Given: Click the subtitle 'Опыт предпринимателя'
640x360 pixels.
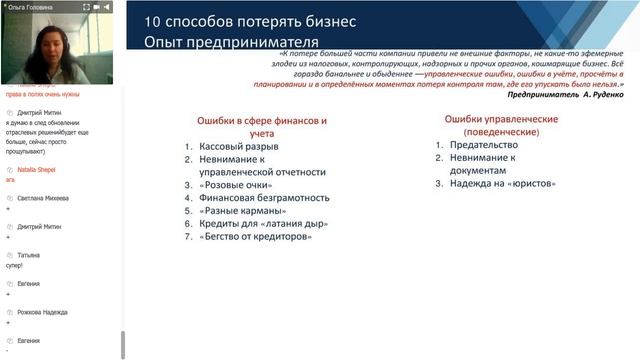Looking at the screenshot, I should tap(231, 42).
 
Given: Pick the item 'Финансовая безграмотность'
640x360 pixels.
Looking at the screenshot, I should tap(258, 198).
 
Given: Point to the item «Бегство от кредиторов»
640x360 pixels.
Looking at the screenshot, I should tap(256, 237).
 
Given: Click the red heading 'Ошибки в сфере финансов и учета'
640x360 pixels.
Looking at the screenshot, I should tap(261, 127).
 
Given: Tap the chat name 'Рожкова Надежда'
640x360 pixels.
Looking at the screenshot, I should tap(42, 312).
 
